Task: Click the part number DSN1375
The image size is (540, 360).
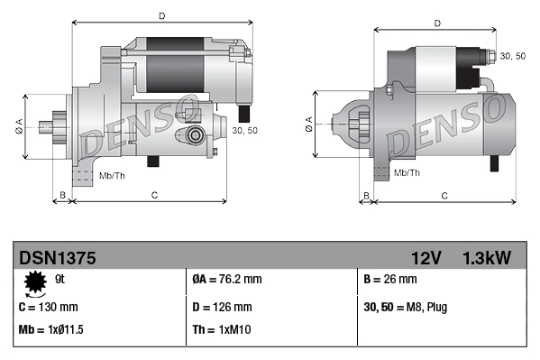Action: coord(58,258)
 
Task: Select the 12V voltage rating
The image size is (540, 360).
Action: coord(426,258)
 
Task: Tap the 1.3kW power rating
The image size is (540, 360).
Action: coord(486,258)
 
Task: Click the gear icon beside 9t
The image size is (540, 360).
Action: coord(36,284)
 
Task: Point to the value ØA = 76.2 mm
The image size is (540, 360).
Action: coord(227,280)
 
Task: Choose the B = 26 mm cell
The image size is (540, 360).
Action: coord(389,280)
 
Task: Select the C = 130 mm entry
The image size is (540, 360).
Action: coord(48,307)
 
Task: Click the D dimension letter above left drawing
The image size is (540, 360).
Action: coord(161,15)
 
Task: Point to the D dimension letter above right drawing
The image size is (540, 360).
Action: coord(437,23)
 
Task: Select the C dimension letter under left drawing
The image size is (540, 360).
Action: coord(154,195)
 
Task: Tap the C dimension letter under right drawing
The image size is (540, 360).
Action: coord(444,195)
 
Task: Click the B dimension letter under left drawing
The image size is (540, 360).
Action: coord(62,195)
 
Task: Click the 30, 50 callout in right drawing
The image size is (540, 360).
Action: coord(512,56)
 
